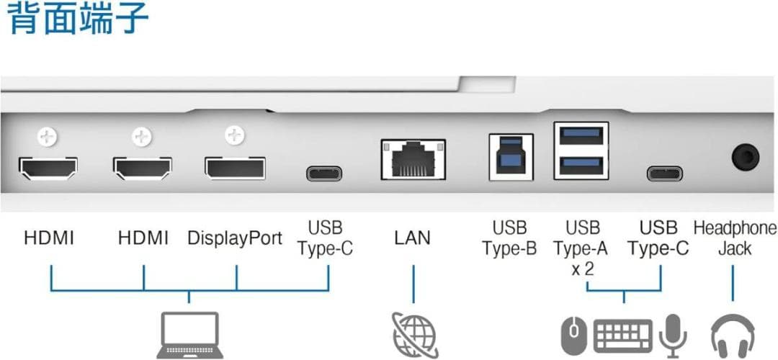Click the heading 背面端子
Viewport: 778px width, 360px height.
click(78, 19)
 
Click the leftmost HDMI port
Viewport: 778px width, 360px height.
click(49, 169)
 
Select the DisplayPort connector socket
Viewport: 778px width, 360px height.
click(234, 168)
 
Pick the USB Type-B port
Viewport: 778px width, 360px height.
click(511, 157)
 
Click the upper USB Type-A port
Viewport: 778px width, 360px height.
click(581, 135)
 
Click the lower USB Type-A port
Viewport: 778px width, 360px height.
click(581, 163)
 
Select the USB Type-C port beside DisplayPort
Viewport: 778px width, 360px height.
click(324, 174)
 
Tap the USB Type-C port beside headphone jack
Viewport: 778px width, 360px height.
click(664, 174)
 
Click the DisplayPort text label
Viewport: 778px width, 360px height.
click(235, 238)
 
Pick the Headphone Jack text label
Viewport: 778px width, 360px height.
click(735, 238)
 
